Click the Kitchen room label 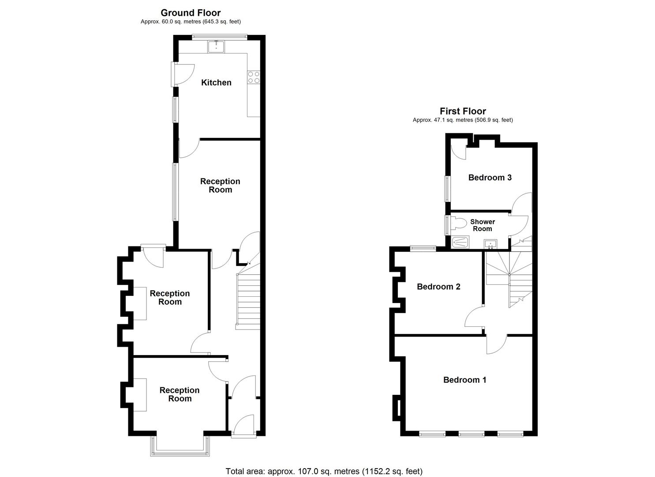(216, 83)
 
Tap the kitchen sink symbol (216, 46)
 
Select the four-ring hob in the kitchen (254, 77)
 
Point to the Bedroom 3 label (490, 178)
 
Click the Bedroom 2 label (438, 287)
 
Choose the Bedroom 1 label (464, 380)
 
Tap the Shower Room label (483, 225)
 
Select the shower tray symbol (461, 242)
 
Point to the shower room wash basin (490, 243)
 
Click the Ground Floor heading (191, 13)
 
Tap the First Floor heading (463, 111)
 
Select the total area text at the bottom (324, 471)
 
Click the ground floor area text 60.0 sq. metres (191, 22)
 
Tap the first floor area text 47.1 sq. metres (463, 120)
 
